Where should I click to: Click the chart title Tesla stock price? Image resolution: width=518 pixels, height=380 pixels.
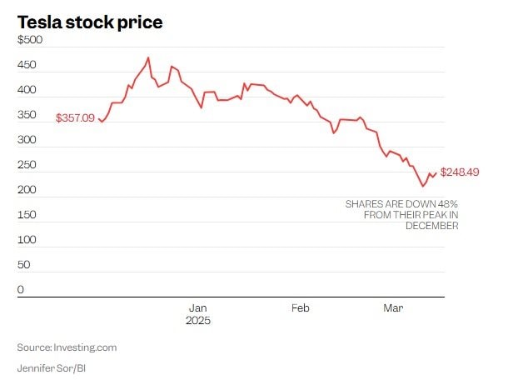tap(89, 22)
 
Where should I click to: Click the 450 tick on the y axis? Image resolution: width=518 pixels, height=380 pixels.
tap(26, 65)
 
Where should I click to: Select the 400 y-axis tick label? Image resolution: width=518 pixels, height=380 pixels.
tap(26, 90)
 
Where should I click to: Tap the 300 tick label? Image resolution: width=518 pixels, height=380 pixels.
tap(26, 140)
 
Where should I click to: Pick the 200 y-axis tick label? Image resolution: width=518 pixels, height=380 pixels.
tap(26, 190)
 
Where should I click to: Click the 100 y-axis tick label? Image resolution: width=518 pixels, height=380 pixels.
tap(26, 240)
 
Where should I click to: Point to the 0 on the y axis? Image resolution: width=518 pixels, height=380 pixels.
tap(21, 290)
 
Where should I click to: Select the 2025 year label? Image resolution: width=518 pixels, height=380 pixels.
tap(198, 321)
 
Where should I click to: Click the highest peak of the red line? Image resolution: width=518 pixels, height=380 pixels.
tap(148, 58)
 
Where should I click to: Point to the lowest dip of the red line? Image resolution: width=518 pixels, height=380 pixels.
tap(422, 186)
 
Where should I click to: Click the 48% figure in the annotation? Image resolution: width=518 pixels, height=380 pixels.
tap(446, 203)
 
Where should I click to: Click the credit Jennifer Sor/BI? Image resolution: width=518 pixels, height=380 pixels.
tap(52, 367)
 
